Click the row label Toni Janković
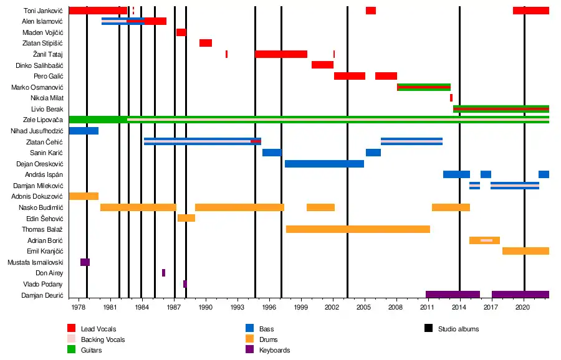(x=43, y=11)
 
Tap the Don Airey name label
(x=49, y=273)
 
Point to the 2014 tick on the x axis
(x=459, y=307)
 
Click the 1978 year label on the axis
(x=79, y=307)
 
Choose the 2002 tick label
(x=332, y=307)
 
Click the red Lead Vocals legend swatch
(x=72, y=328)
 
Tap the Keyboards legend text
(x=274, y=350)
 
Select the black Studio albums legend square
(x=428, y=328)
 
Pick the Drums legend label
(x=269, y=339)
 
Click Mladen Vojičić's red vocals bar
(x=181, y=32)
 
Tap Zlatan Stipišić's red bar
(x=206, y=43)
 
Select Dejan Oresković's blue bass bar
(x=324, y=164)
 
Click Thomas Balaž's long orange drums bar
(x=358, y=229)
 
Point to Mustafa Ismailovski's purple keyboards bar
(x=85, y=262)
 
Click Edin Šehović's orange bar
(x=186, y=218)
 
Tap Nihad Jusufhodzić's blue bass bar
(x=84, y=131)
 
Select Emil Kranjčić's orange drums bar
(x=525, y=251)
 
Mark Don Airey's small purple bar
(x=163, y=273)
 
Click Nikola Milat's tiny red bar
(x=451, y=98)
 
